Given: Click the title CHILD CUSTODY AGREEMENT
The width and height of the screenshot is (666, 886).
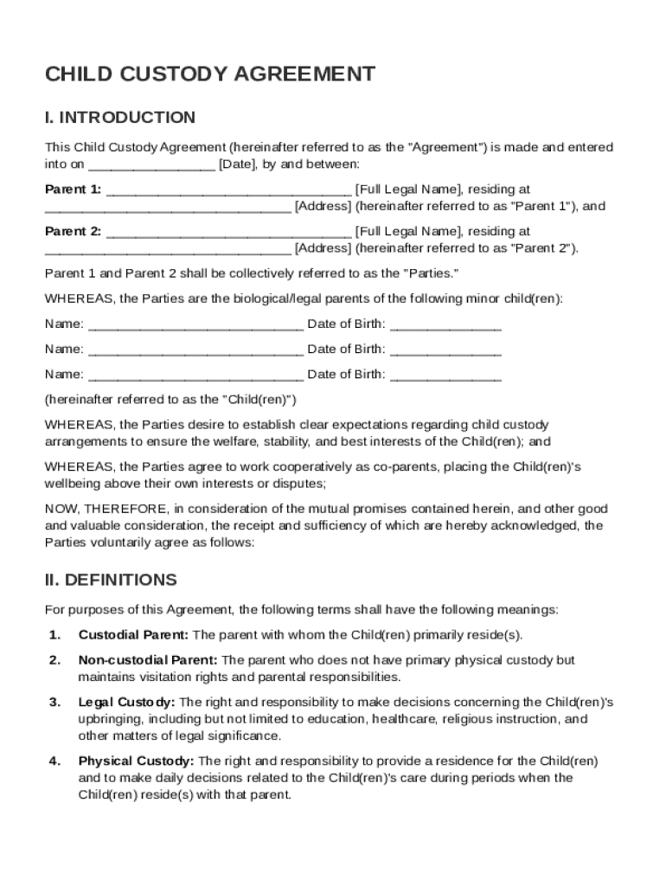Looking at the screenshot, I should point(210,74).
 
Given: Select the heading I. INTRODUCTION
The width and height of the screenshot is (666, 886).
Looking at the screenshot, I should point(120,118).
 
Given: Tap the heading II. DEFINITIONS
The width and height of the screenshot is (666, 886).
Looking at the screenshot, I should point(111,580).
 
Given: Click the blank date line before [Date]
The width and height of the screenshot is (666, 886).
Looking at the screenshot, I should point(151,164).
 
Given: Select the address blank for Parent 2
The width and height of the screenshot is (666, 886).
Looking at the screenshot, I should point(168,248).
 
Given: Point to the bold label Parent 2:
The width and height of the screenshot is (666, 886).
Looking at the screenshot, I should point(73,232).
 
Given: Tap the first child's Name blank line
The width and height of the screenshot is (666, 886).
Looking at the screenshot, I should point(195,324).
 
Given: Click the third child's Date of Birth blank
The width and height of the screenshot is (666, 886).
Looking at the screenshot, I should point(445,375).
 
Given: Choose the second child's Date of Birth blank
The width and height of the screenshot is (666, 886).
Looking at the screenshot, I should point(445,350).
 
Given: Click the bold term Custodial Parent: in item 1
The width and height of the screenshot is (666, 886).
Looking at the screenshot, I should point(133,635).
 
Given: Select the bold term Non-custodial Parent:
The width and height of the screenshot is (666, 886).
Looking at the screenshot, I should point(148,660).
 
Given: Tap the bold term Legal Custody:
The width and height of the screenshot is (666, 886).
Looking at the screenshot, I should point(126,702).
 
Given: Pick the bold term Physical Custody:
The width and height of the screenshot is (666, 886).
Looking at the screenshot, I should point(136,761).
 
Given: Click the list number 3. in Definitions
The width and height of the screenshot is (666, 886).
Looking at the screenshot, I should point(54,702).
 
